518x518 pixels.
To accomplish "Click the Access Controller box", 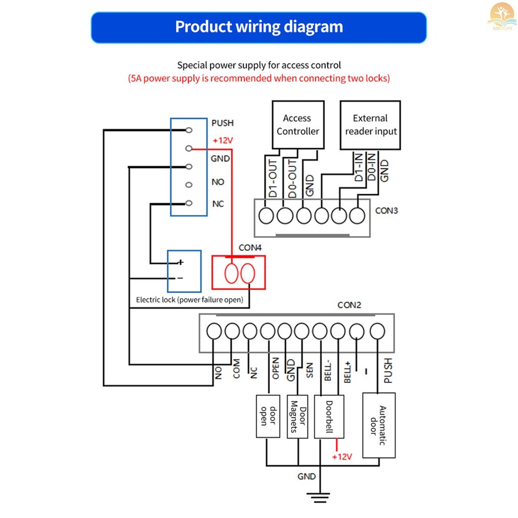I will (298, 124).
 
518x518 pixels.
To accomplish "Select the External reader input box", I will (370, 124).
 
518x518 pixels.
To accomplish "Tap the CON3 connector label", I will (386, 210).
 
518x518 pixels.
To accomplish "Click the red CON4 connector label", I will (250, 248).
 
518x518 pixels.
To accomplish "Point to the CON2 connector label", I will (350, 305).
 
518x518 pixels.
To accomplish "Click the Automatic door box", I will (379, 425).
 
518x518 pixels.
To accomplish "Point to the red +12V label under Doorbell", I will (341, 457).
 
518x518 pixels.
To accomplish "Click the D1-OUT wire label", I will (273, 178).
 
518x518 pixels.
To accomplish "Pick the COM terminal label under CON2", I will (236, 369).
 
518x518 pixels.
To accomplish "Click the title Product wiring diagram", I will (258, 27).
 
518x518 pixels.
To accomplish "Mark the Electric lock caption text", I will (189, 300).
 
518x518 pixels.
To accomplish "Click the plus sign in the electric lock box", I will (180, 263).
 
